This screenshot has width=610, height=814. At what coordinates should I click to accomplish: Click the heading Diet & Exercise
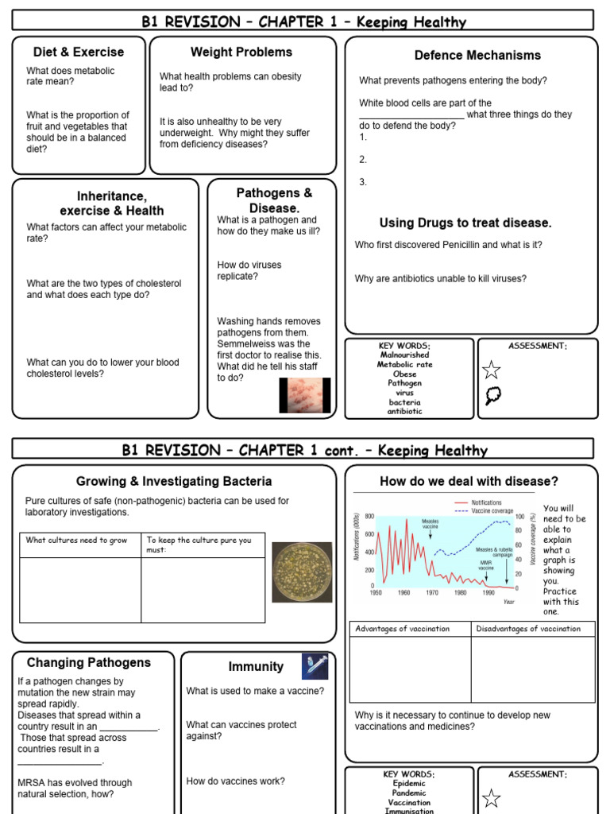click(x=79, y=52)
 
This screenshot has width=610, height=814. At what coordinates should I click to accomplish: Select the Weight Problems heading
click(x=241, y=52)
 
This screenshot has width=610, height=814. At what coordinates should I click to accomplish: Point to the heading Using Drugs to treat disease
click(x=465, y=223)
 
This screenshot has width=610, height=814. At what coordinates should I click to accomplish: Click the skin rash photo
click(x=305, y=395)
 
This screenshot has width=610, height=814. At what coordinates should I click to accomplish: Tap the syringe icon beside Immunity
click(x=315, y=665)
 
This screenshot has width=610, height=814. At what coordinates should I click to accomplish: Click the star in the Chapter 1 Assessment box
click(x=492, y=369)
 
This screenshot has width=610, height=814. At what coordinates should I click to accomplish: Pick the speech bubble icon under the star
click(x=492, y=395)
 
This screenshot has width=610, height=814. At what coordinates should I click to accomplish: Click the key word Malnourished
click(x=405, y=355)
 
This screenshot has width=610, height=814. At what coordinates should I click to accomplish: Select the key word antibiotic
click(x=405, y=412)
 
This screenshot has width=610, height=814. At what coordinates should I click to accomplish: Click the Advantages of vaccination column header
click(x=402, y=629)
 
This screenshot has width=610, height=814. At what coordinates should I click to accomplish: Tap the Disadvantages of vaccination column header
click(x=528, y=629)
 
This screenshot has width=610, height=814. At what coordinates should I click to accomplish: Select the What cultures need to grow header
click(x=76, y=541)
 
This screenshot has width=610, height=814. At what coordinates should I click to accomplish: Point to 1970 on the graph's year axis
click(x=432, y=593)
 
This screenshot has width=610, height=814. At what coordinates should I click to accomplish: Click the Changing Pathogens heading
click(x=89, y=663)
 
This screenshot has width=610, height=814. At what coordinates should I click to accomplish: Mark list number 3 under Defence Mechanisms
click(x=363, y=182)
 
